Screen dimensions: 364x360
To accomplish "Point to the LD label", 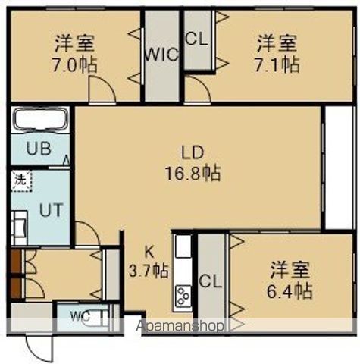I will (193, 150).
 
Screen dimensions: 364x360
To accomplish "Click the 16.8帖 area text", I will (193, 173).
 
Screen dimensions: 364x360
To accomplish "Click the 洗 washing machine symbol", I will (18, 182).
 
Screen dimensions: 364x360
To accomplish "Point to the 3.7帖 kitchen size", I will (150, 270).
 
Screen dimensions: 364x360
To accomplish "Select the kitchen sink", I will (183, 247).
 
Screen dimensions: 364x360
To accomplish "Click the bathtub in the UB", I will (40, 120).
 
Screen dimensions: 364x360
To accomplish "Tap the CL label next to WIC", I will (196, 38).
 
